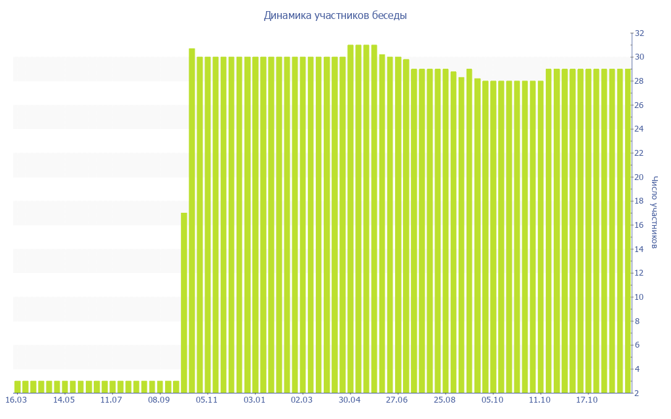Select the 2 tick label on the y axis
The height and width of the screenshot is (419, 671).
click(638, 393)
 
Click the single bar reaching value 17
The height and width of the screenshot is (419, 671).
click(184, 302)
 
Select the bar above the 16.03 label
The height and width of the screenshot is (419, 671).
click(17, 387)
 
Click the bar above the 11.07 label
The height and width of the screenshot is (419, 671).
click(112, 387)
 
